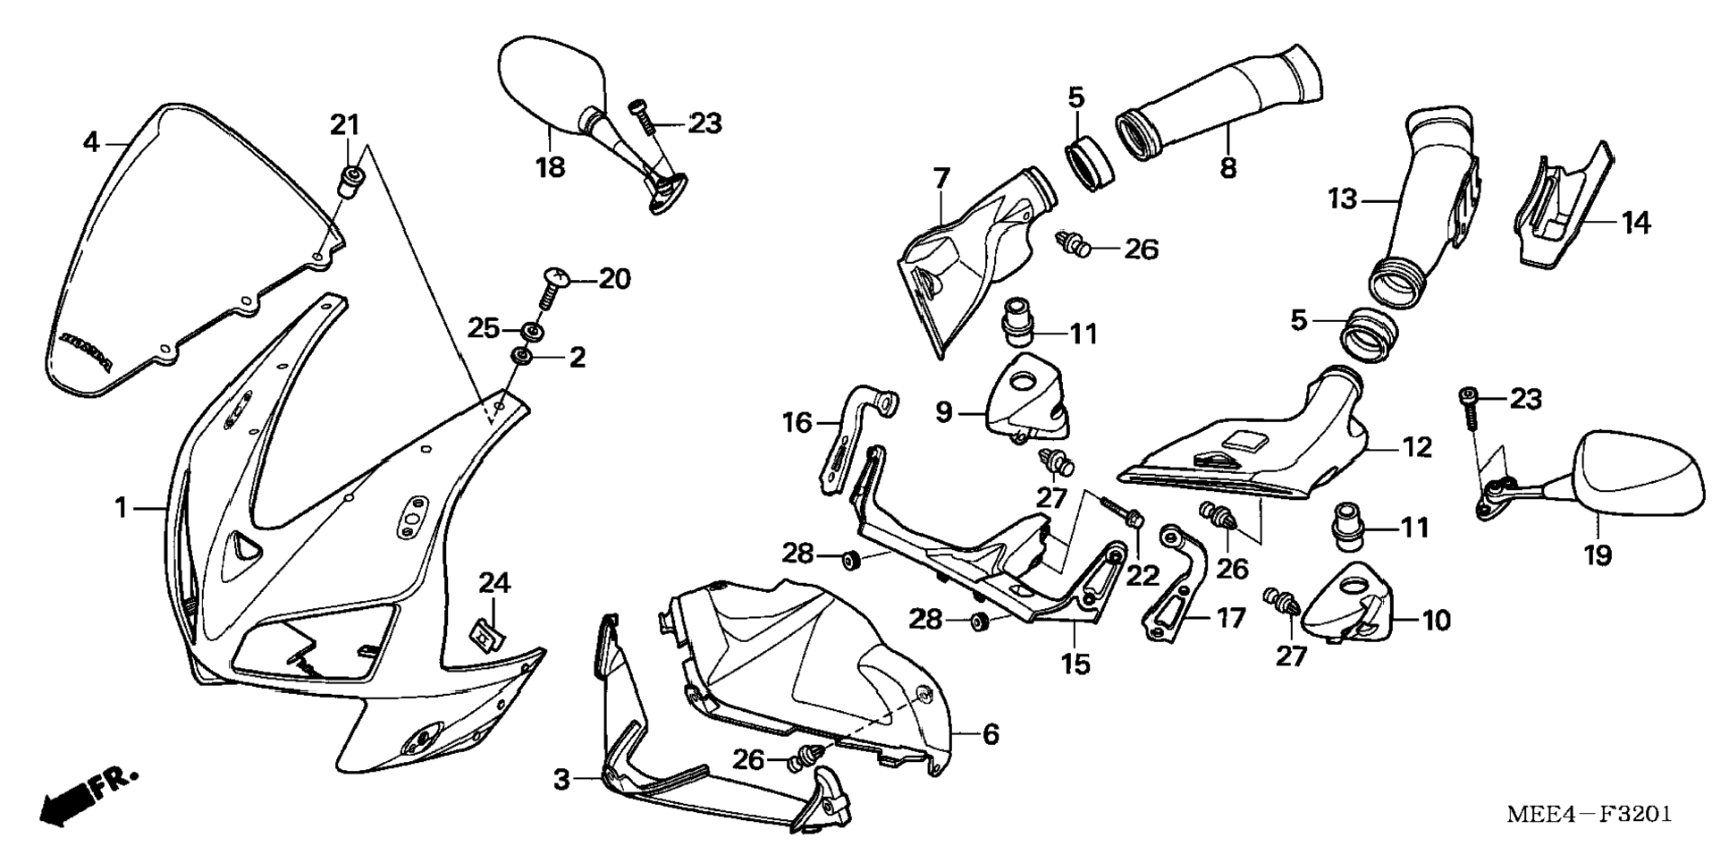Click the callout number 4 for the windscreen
click(90, 141)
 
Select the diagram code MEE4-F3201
click(1588, 815)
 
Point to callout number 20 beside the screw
click(614, 279)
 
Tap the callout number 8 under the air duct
click(1228, 166)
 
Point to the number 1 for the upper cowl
click(122, 508)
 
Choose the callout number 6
click(991, 734)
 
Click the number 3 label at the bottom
click(561, 779)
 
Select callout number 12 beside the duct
click(1417, 446)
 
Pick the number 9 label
click(944, 412)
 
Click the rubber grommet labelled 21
click(349, 182)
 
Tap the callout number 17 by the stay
click(1230, 617)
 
